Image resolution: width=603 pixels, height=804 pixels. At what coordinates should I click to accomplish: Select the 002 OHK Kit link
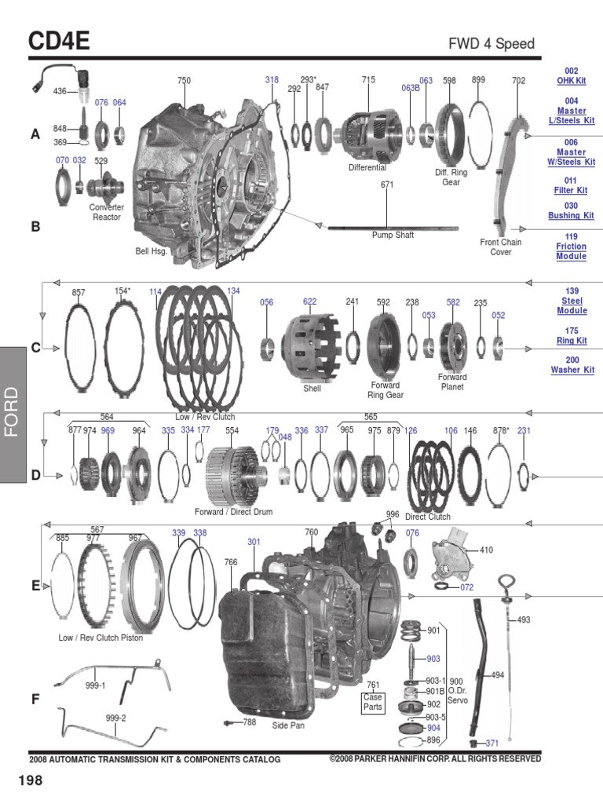(571, 76)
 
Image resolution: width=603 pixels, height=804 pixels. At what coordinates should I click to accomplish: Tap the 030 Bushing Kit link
(571, 210)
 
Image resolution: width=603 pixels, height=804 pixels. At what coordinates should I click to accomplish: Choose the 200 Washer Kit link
(571, 365)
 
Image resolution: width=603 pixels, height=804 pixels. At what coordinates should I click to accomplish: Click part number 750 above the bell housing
(184, 81)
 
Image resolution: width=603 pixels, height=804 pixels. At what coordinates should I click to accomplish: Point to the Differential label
(367, 168)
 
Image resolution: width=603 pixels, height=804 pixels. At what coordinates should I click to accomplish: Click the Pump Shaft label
(392, 235)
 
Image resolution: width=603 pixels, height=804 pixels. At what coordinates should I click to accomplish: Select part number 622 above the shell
(310, 301)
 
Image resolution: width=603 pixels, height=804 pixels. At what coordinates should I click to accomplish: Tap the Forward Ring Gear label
(386, 390)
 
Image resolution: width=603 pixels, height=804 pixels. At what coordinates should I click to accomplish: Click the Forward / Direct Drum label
(233, 511)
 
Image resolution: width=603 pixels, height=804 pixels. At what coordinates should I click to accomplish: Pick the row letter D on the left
(35, 475)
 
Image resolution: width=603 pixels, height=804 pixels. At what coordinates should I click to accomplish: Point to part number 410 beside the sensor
(486, 550)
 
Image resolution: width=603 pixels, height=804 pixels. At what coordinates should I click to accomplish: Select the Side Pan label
(288, 725)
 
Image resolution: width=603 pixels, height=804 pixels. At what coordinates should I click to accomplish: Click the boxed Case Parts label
(373, 701)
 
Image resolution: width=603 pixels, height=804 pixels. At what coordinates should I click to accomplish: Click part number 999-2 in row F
(115, 718)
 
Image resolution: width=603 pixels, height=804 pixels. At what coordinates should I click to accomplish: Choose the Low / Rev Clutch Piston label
(100, 638)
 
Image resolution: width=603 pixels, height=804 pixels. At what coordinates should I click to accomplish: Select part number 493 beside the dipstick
(524, 619)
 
